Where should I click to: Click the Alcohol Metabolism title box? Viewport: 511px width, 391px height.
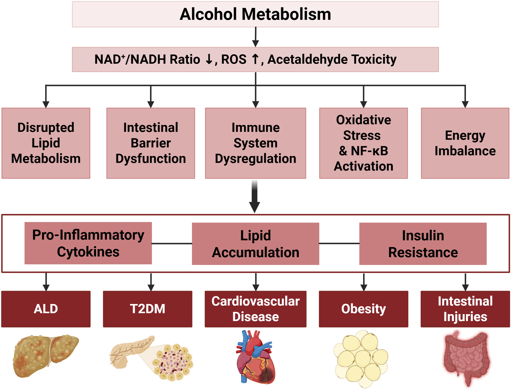(x=255, y=14)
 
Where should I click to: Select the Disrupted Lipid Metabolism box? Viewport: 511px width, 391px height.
(x=46, y=143)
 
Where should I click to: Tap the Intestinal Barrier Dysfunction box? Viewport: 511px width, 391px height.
(x=151, y=143)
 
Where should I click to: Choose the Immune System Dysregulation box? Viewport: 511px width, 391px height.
(x=255, y=143)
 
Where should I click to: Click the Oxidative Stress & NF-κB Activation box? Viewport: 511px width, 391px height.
(x=363, y=143)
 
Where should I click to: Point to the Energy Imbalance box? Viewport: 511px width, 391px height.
(x=465, y=143)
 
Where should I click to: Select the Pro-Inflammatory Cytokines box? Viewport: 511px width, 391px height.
(x=88, y=243)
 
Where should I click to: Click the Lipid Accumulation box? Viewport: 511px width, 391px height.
(x=255, y=244)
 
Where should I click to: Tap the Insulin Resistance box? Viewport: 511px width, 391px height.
(x=423, y=244)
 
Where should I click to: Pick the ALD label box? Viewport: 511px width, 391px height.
(x=46, y=309)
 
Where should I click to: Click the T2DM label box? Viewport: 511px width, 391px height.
(x=147, y=309)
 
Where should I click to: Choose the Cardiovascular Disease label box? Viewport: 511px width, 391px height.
(x=255, y=309)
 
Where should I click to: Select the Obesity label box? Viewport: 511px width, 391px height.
(x=363, y=309)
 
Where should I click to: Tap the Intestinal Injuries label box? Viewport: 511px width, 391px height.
(x=465, y=309)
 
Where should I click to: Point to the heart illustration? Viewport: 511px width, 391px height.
(x=255, y=357)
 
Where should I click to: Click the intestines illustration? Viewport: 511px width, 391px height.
(x=466, y=359)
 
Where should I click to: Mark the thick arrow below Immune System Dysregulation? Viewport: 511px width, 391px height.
(x=255, y=196)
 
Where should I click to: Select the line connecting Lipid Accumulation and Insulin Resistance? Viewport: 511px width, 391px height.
(x=339, y=243)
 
